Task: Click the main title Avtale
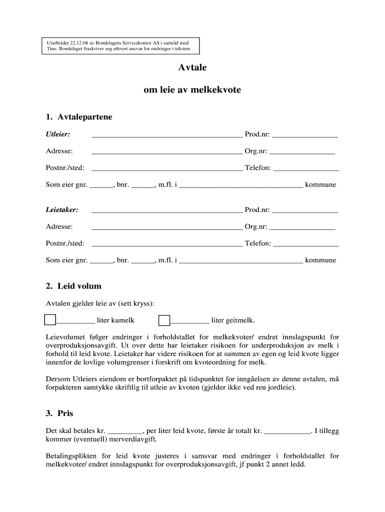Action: click(192, 67)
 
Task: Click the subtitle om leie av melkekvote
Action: click(192, 90)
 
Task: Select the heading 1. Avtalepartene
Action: click(79, 117)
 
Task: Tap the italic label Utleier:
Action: click(58, 134)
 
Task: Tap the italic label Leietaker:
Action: click(62, 210)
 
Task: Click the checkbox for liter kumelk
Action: click(50, 320)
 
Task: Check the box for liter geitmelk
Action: click(164, 320)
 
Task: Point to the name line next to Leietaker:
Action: click(166, 211)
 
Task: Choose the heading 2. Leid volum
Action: click(73, 286)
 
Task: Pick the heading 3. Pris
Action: click(59, 413)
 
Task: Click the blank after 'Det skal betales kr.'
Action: click(125, 431)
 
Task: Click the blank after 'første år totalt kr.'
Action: click(287, 431)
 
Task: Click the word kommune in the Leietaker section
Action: click(320, 260)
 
